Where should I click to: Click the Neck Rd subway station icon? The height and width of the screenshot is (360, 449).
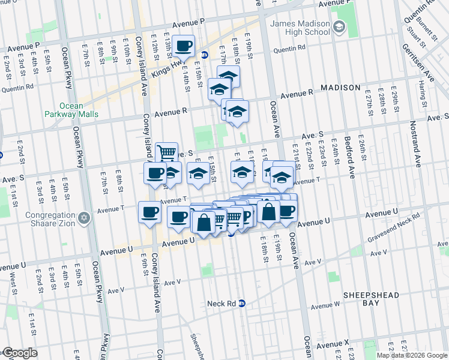click(242, 303)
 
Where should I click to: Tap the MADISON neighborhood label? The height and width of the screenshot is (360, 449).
click(340, 88)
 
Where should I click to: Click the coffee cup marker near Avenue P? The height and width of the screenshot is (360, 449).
click(184, 46)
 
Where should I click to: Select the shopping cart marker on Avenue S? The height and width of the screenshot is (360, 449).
click(166, 152)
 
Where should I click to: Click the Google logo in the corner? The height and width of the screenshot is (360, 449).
click(20, 353)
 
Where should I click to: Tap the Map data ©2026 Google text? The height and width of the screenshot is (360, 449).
click(412, 355)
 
